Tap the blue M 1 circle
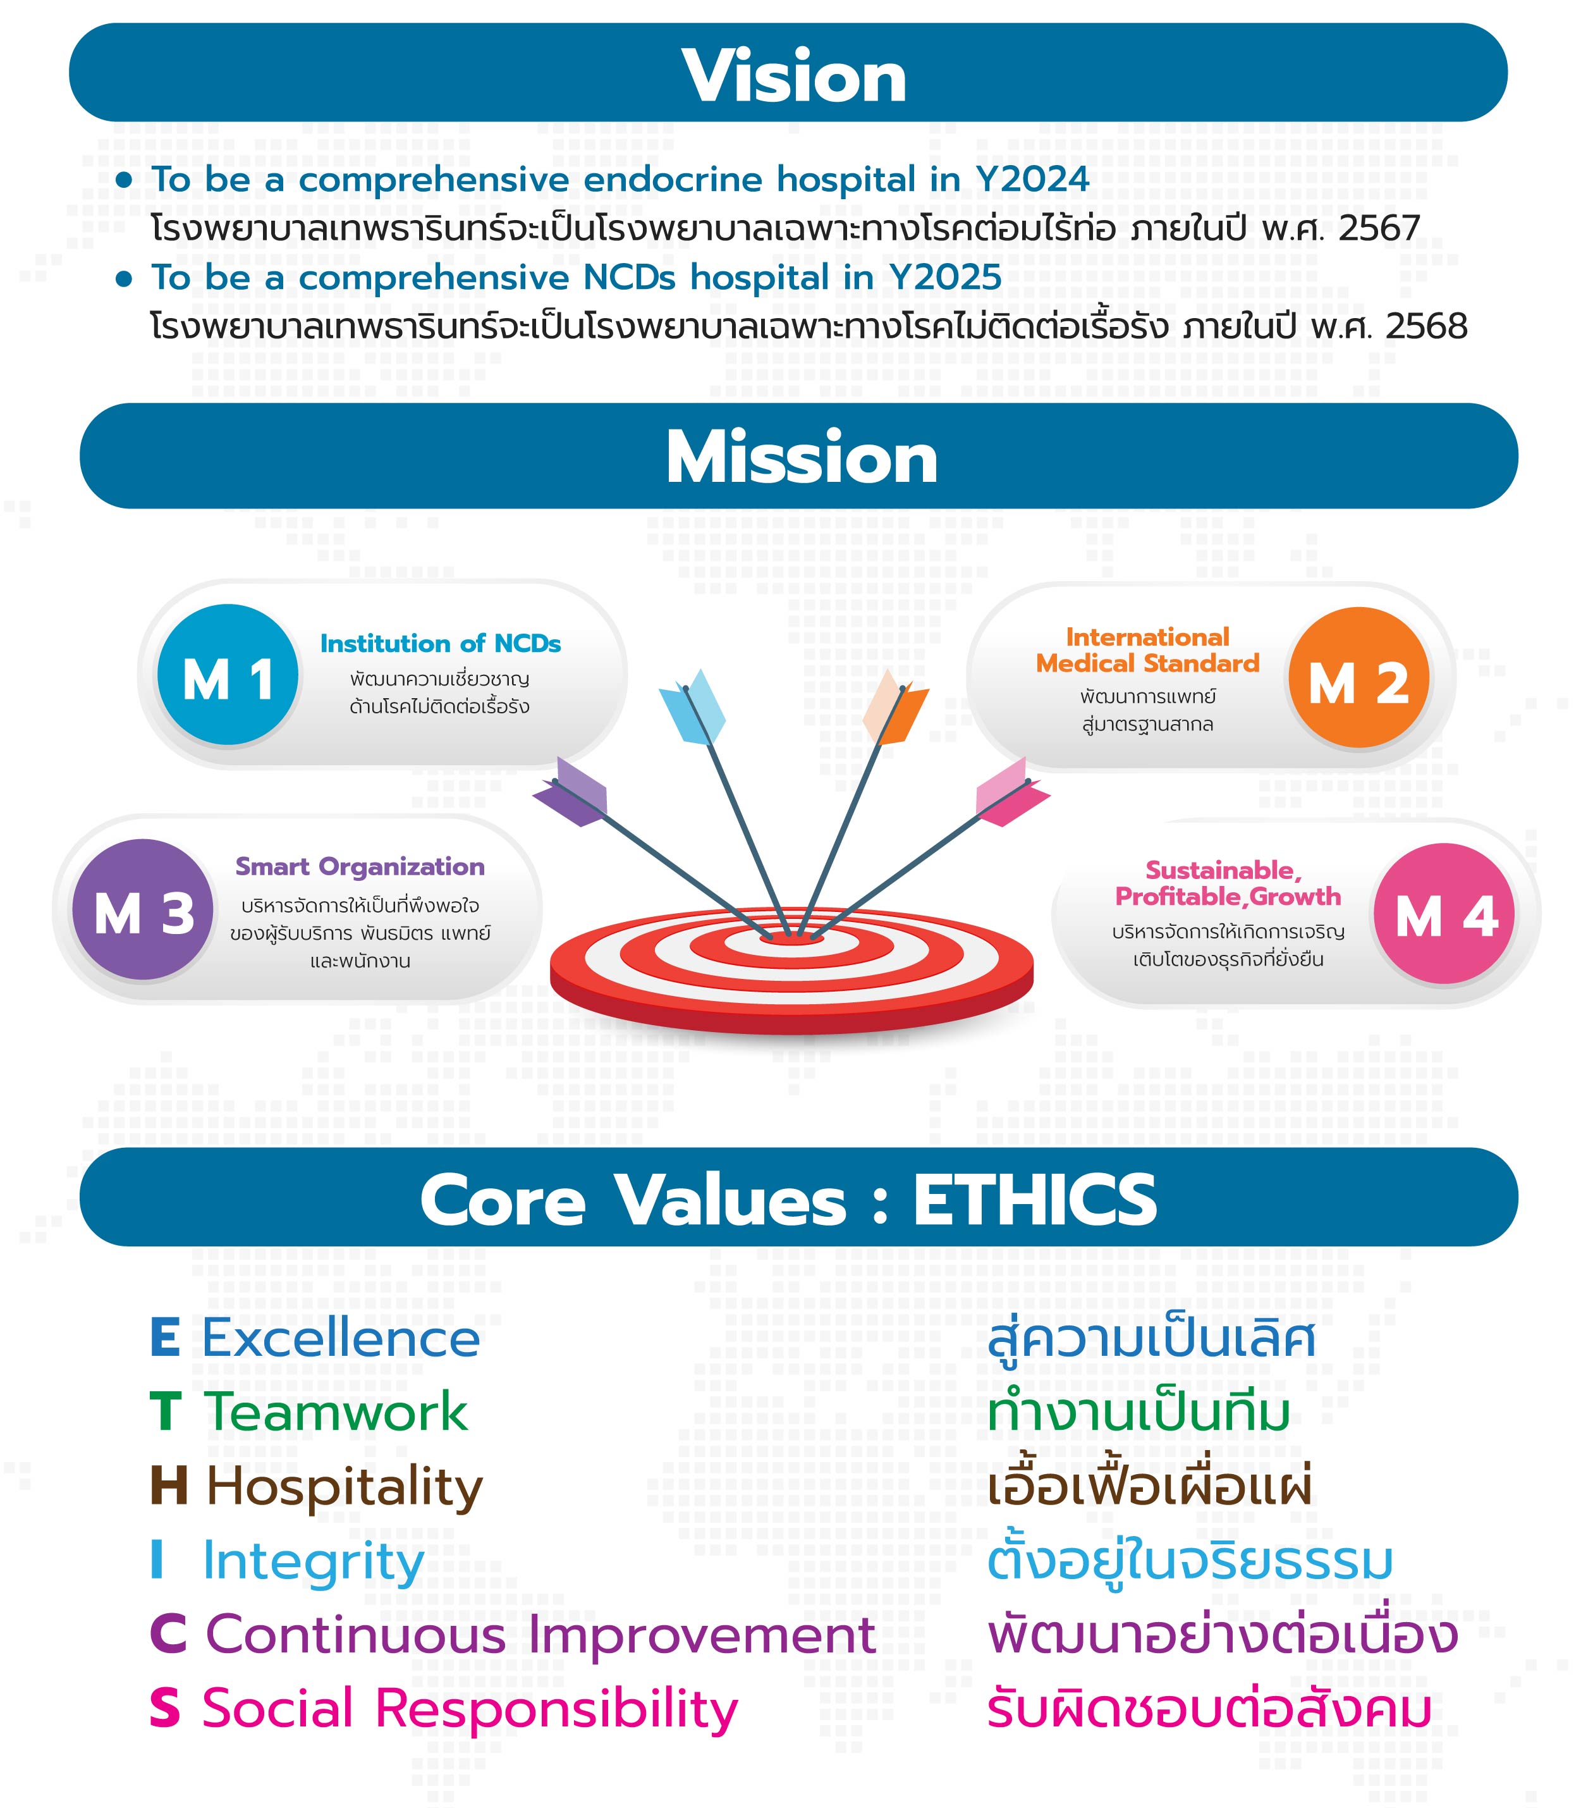tap(228, 675)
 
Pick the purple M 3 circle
tap(143, 910)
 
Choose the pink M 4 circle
tap(1444, 914)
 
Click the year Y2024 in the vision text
tap(1032, 180)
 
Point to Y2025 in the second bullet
tap(945, 278)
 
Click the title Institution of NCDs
tap(440, 643)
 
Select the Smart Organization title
tap(360, 866)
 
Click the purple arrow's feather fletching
tap(571, 792)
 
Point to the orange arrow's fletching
tap(894, 706)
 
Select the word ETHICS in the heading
tap(1035, 1201)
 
